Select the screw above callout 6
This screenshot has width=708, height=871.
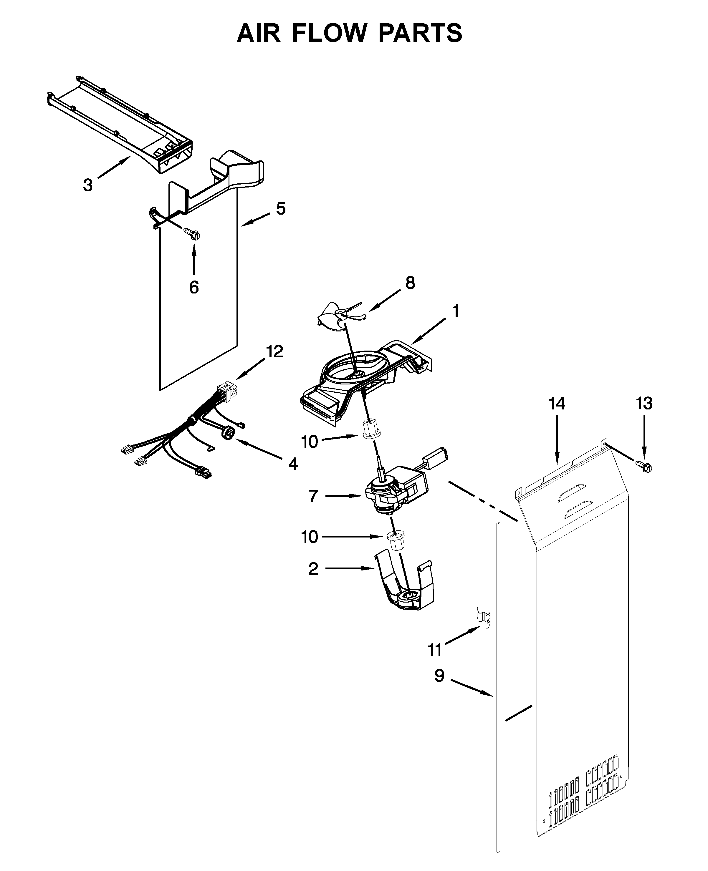(193, 234)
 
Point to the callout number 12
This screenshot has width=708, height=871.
(274, 351)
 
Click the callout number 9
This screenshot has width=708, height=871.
(439, 676)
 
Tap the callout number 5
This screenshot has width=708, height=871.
(281, 208)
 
